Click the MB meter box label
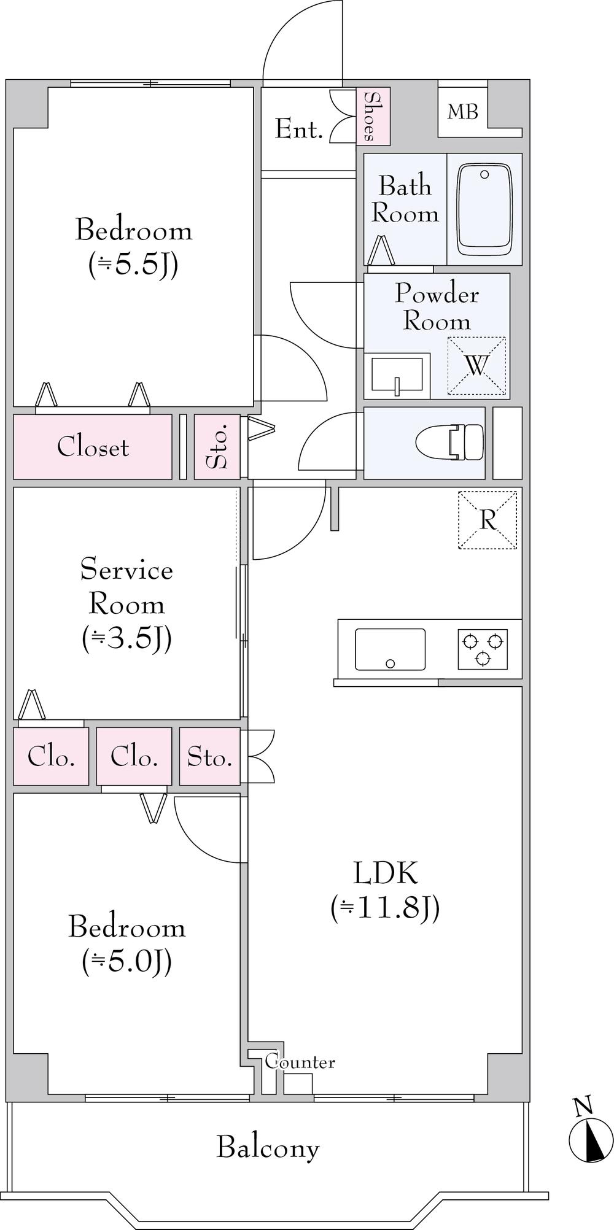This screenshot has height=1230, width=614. pos(462,112)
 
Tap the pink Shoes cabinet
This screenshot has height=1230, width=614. pos(373,117)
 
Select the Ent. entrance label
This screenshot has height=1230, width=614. pos(298,129)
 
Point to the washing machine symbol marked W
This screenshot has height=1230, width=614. pos(476,366)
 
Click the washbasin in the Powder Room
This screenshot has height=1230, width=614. pos(397,374)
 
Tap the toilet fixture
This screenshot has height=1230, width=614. pos(450,441)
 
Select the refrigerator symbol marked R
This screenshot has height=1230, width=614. pos(488,520)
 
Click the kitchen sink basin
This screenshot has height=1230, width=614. pos(390,649)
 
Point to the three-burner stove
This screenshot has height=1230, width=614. pos(483,649)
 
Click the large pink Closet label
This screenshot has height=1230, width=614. pos(93,447)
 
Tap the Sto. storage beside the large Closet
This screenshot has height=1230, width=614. pos(217,446)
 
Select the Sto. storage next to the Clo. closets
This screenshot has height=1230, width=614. pos(209,756)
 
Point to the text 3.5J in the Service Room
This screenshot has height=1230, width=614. pos(126,638)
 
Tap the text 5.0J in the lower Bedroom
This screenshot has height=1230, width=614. pos(126,961)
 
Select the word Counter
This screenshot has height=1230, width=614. pos(300,1061)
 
